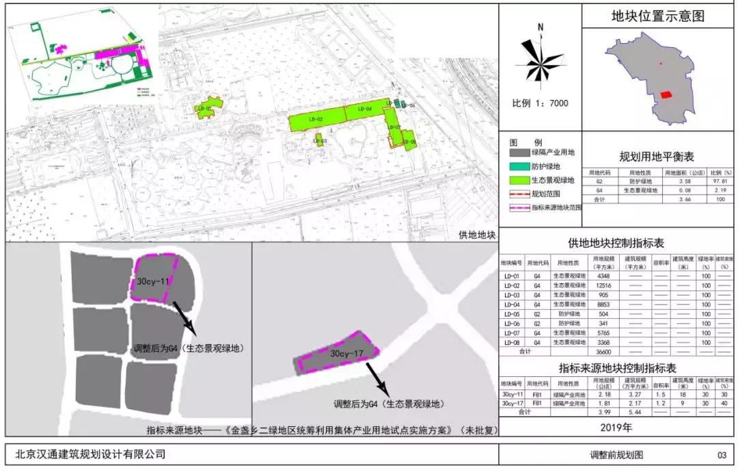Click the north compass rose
tap(540, 62)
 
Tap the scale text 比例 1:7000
tap(540, 104)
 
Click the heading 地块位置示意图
tap(657, 16)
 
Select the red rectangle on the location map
tap(666, 94)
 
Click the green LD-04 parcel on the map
tap(364, 112)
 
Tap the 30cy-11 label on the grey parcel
tap(153, 280)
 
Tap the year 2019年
tap(618, 428)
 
